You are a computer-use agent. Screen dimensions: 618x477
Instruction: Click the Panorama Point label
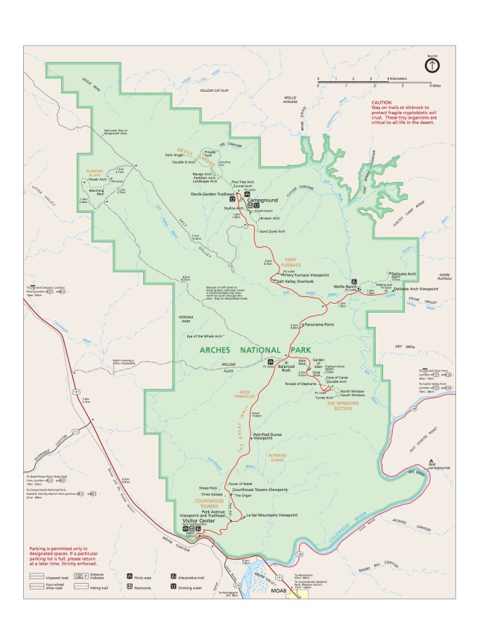314,325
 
